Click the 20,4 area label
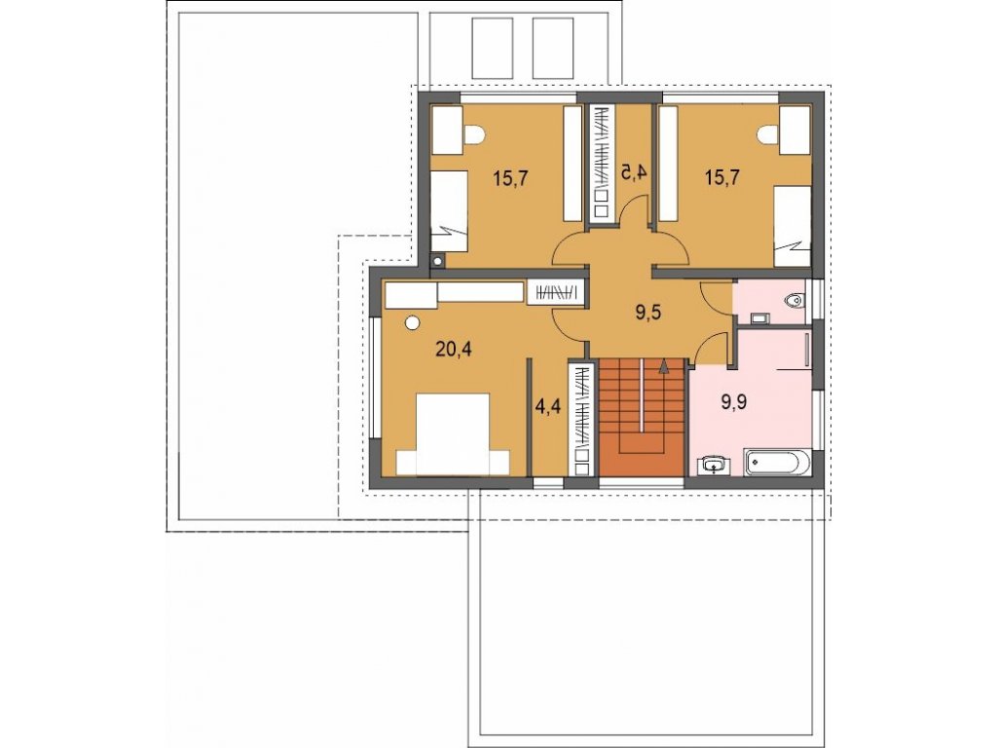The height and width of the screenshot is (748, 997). [454, 350]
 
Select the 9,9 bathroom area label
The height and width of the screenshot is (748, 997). [734, 402]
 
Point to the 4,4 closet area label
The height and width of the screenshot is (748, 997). [547, 406]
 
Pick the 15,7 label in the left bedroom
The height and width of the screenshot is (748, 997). [510, 178]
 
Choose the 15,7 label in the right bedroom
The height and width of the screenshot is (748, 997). [721, 178]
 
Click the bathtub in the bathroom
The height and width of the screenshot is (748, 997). [777, 463]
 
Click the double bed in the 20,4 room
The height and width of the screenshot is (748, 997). [454, 433]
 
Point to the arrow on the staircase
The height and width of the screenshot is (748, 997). [664, 364]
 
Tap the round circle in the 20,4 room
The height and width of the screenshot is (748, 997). [413, 323]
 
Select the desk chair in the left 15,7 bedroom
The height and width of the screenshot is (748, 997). [475, 134]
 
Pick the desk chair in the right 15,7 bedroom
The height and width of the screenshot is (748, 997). [767, 134]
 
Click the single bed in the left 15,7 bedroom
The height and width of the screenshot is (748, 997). [450, 210]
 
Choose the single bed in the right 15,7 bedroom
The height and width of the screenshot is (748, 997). [793, 226]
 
